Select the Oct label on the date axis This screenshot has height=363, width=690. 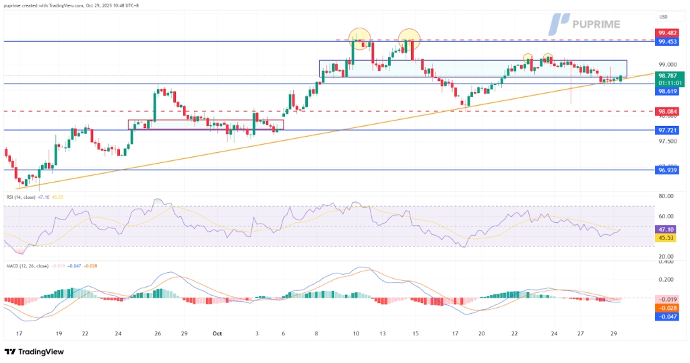(x=217, y=333)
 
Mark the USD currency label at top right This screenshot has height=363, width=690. (x=663, y=16)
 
